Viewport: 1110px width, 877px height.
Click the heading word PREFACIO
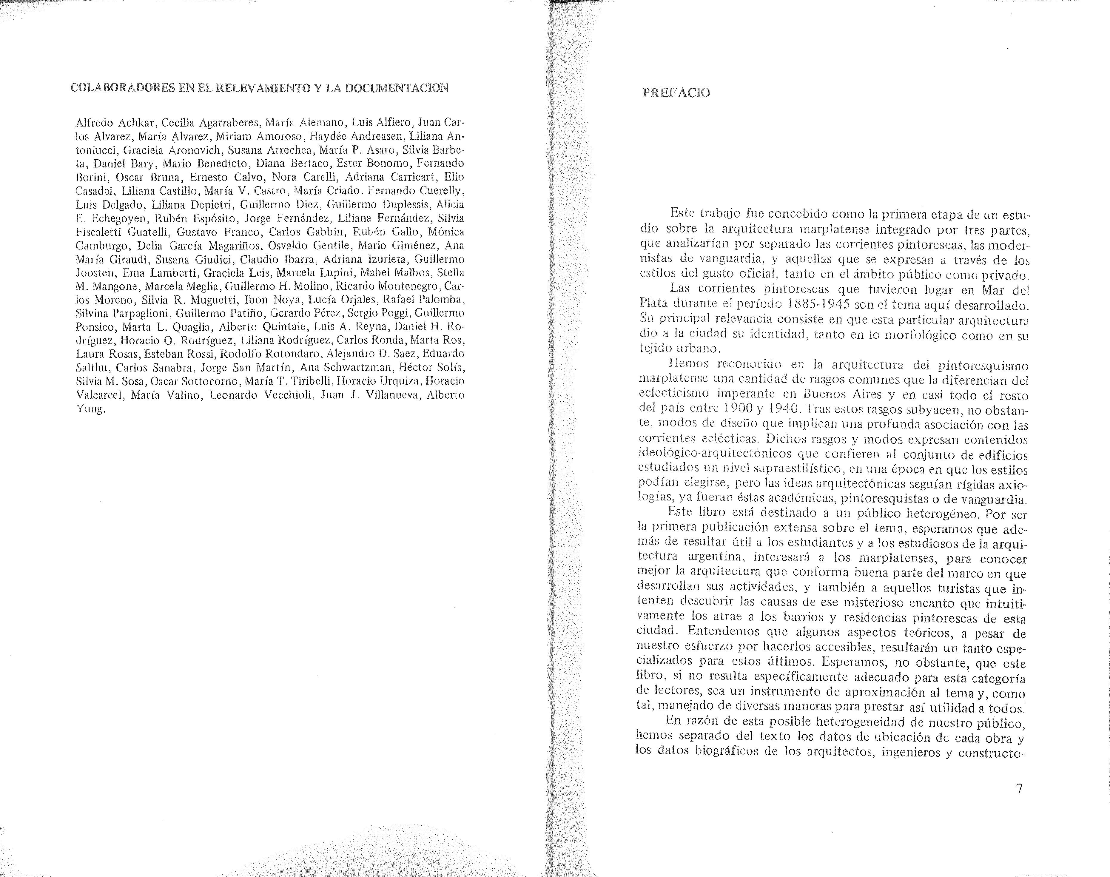tap(676, 93)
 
